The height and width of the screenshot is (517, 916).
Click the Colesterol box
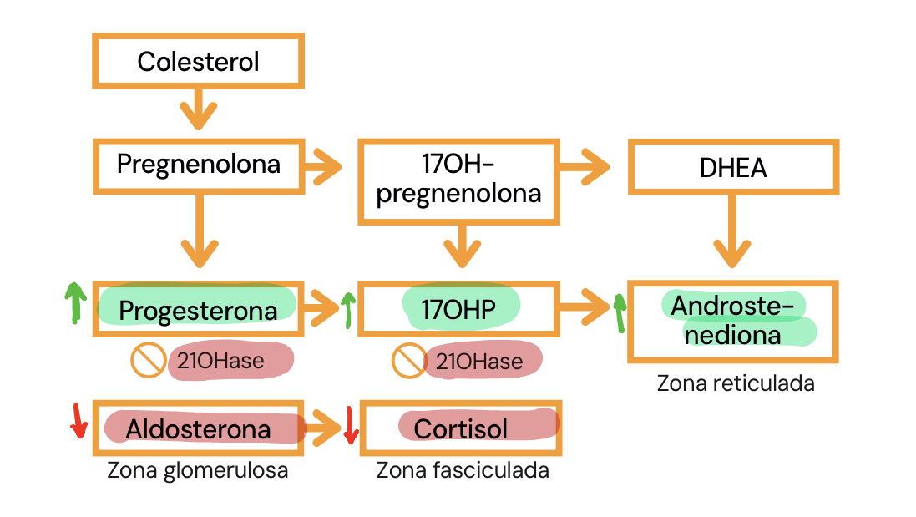(198, 61)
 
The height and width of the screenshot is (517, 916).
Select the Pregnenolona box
(198, 165)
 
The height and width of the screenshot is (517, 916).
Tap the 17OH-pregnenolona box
(458, 181)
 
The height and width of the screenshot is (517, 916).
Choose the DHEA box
(733, 167)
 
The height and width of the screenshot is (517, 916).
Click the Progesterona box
(198, 309)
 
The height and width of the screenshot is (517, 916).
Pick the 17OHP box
(458, 309)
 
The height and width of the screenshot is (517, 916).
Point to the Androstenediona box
(733, 321)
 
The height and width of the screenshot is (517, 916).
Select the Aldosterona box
(198, 428)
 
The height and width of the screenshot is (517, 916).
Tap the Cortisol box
(461, 428)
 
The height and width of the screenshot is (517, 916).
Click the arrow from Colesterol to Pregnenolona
(198, 108)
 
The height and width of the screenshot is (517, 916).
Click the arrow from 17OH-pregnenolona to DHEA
(593, 167)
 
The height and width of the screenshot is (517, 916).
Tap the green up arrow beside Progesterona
(74, 302)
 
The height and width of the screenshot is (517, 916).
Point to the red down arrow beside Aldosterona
(78, 421)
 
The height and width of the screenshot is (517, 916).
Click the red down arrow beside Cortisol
(351, 425)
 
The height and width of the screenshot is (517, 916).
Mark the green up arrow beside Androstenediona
(619, 312)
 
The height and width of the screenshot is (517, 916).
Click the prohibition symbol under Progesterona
(148, 361)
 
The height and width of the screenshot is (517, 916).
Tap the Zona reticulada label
(735, 383)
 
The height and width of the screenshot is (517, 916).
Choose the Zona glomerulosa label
(198, 470)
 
